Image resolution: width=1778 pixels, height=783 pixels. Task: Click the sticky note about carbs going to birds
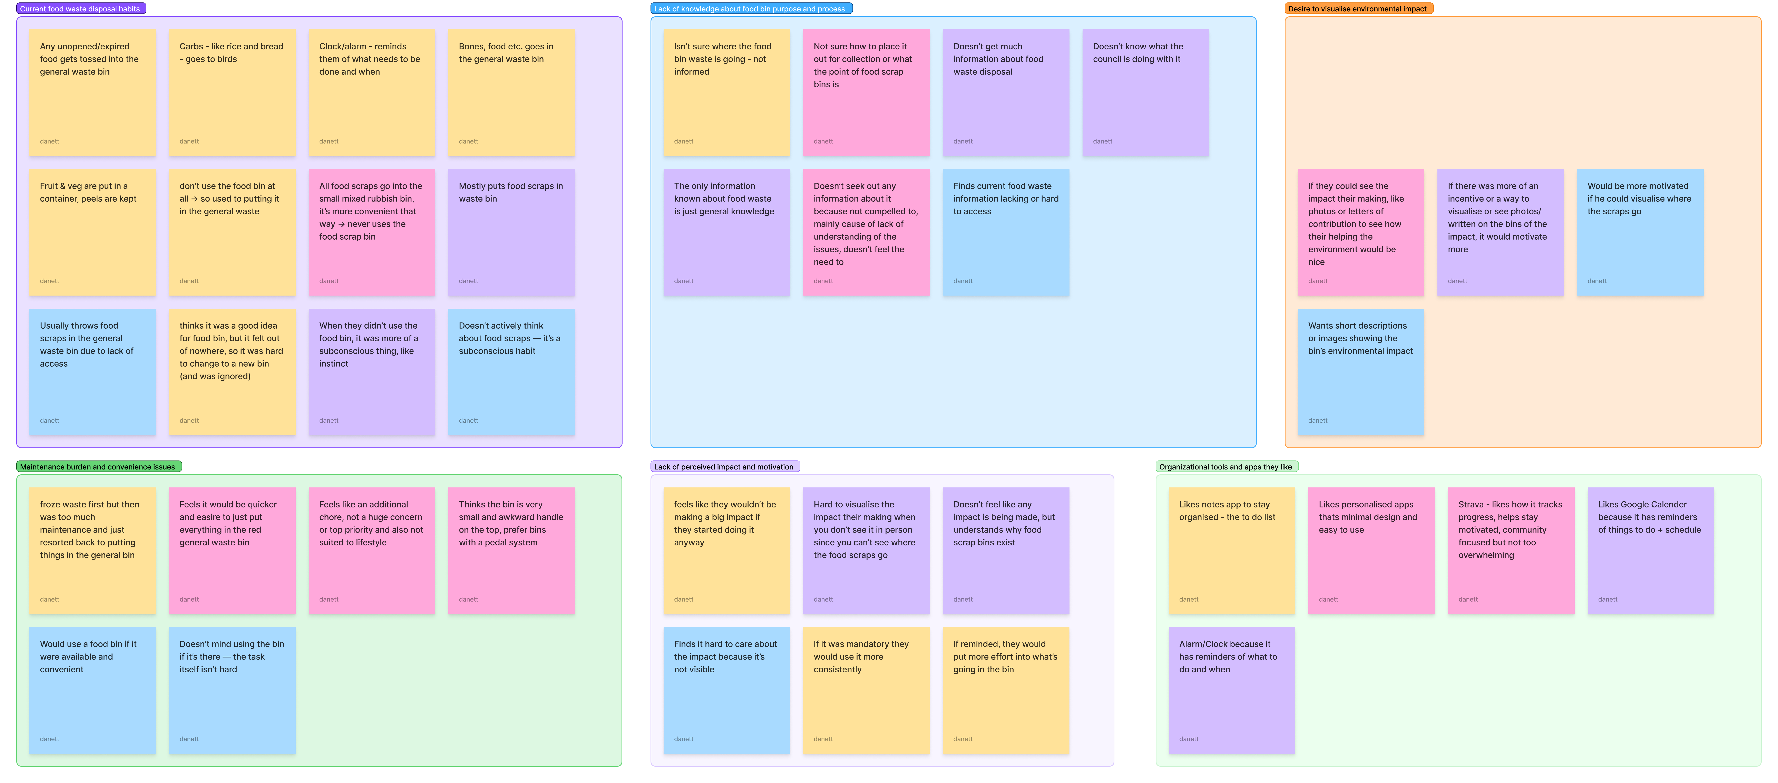click(232, 92)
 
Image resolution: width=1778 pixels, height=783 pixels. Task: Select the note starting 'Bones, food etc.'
click(511, 92)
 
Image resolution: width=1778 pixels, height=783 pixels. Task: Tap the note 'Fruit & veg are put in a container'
click(92, 232)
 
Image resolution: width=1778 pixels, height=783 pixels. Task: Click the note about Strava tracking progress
click(1511, 551)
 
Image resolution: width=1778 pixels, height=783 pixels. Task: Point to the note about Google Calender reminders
click(1650, 551)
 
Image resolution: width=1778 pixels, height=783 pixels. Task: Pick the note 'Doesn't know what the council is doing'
click(1145, 92)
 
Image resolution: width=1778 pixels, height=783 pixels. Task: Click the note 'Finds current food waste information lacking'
click(1006, 232)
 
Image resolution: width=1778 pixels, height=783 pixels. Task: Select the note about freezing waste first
click(92, 551)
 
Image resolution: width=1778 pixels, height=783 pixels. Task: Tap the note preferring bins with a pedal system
click(511, 551)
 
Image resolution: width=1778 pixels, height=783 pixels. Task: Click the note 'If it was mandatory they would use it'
click(866, 690)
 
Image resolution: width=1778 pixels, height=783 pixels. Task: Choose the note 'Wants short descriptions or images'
click(1360, 372)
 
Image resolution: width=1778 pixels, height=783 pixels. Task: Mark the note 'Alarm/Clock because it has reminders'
click(1231, 690)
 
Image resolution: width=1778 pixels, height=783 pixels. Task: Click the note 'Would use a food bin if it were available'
click(92, 690)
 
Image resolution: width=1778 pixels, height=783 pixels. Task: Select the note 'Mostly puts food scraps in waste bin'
click(511, 232)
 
